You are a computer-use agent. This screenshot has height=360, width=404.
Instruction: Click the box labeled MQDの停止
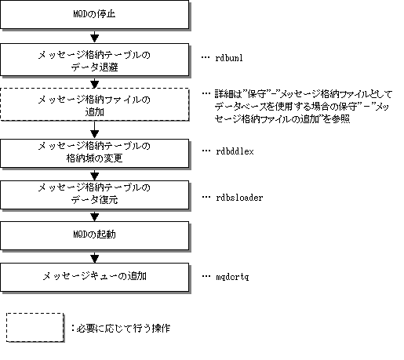(x=94, y=14)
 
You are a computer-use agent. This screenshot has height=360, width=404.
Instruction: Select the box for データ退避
(x=94, y=60)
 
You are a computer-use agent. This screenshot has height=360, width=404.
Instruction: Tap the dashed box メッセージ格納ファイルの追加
(x=94, y=104)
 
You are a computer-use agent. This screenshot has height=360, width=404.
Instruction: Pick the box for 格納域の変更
(x=94, y=153)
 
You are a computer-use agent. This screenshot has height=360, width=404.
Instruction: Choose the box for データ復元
(x=94, y=195)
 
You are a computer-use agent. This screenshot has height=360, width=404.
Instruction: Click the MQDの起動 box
(x=94, y=236)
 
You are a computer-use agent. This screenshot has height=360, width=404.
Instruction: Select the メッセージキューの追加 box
(x=94, y=277)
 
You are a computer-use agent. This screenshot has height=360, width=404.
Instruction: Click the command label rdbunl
(x=229, y=58)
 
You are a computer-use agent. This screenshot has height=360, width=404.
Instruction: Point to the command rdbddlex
(x=235, y=151)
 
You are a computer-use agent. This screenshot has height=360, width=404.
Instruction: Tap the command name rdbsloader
(x=239, y=198)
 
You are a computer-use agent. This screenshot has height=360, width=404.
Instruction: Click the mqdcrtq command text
(x=232, y=277)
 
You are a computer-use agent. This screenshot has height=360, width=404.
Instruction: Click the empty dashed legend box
(x=35, y=327)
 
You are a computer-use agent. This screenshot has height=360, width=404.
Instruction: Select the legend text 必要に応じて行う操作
(x=123, y=328)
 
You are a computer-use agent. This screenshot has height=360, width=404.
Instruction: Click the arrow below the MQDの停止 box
(x=94, y=36)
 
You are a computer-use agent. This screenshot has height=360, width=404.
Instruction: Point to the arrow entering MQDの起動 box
(x=94, y=216)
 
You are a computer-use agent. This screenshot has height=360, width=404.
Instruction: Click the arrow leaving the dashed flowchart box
(x=94, y=129)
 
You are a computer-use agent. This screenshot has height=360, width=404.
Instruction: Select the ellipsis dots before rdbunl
(x=206, y=57)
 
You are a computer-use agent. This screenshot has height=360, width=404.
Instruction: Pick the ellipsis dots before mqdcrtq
(x=206, y=276)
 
